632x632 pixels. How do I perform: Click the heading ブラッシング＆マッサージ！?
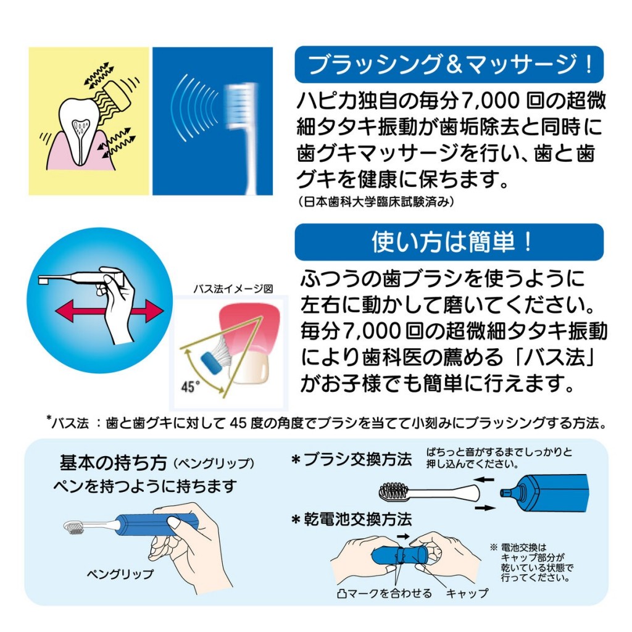[449, 64]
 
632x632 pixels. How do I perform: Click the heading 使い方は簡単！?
[449, 242]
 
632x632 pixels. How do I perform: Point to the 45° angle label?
[191, 387]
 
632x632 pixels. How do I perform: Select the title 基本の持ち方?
[112, 462]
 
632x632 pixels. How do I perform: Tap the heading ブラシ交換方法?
[352, 460]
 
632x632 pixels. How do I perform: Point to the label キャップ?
[467, 593]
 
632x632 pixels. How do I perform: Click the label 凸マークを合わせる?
[383, 593]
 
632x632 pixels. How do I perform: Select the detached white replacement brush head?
[426, 492]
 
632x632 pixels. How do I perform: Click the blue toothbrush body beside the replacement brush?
[546, 493]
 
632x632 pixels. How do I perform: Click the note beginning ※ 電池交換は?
[532, 563]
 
